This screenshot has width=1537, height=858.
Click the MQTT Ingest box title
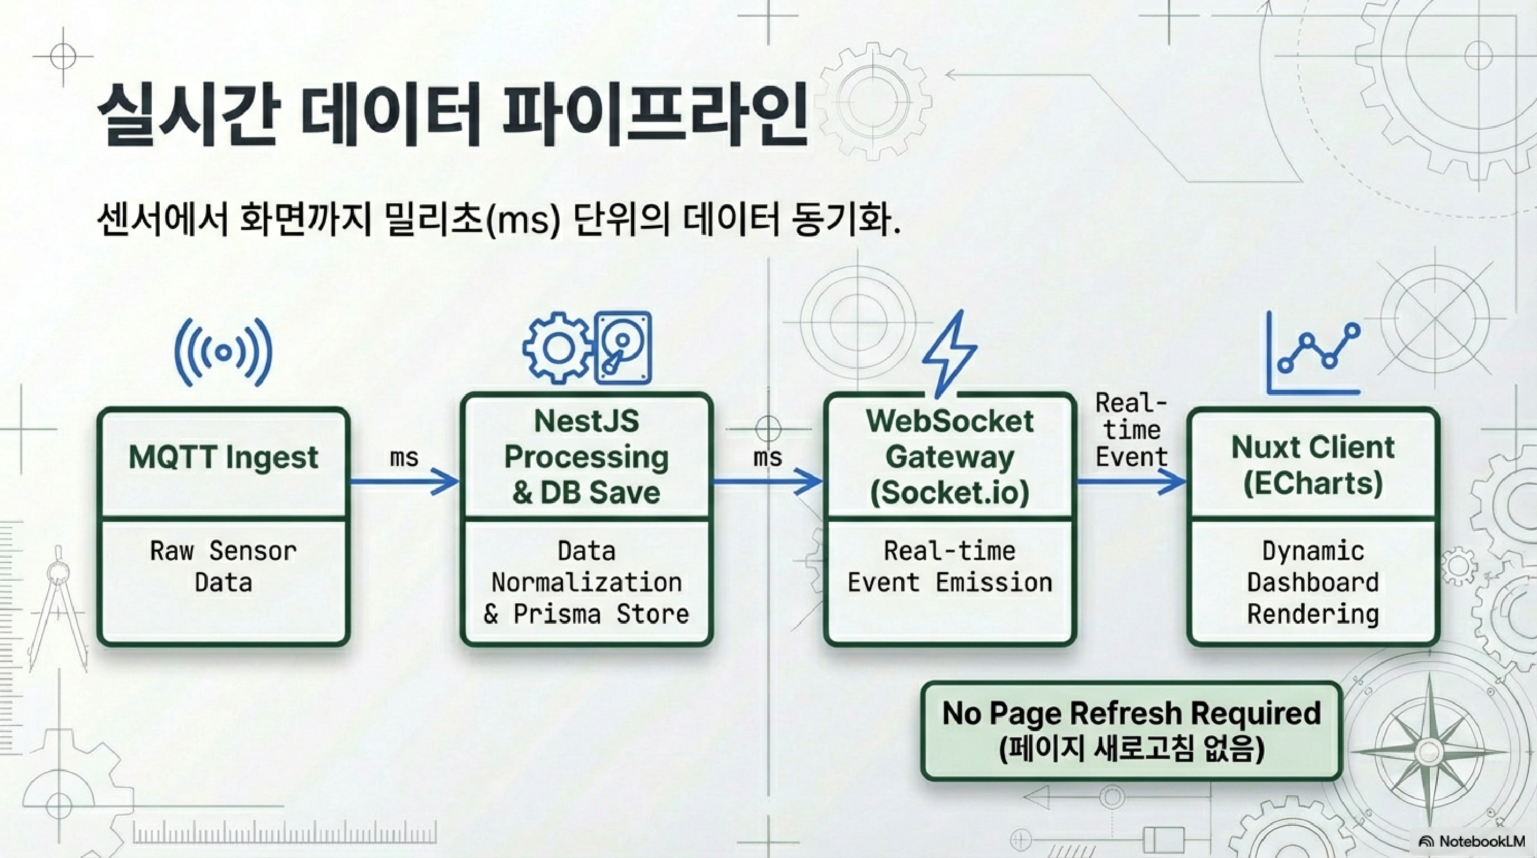click(223, 457)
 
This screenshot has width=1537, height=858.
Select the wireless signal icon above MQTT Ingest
click(223, 352)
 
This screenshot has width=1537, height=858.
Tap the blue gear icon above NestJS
click(558, 348)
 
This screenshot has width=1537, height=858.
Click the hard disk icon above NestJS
click(623, 348)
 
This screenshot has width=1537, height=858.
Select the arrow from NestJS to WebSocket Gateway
click(768, 481)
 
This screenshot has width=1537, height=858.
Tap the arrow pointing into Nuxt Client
click(1131, 481)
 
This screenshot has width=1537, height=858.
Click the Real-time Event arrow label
click(1131, 430)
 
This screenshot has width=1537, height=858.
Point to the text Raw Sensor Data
click(223, 566)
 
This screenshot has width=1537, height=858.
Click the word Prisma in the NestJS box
click(556, 614)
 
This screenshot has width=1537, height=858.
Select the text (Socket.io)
click(950, 493)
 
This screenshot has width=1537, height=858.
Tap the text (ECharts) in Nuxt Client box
click(1313, 483)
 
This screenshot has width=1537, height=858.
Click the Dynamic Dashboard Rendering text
click(1313, 582)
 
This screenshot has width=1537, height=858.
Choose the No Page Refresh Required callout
click(1131, 731)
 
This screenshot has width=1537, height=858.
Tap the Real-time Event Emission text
click(950, 566)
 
